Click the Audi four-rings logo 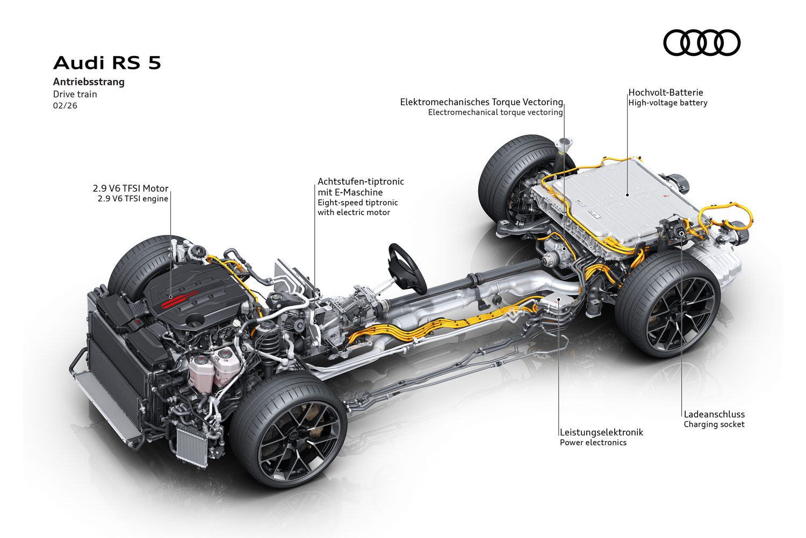pos(702,43)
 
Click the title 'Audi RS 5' pos(107,63)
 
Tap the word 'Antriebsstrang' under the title pos(89,82)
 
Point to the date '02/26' pos(65,105)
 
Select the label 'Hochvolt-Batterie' pos(666,93)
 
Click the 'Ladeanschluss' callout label pos(714,414)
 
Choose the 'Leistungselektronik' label pos(601,432)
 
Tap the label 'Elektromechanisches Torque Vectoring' pos(481,102)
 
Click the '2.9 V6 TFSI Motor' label pos(131,188)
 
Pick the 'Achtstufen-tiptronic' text pos(361,182)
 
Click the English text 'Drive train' pos(75,94)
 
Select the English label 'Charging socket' pos(714,424)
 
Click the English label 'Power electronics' pos(593,443)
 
